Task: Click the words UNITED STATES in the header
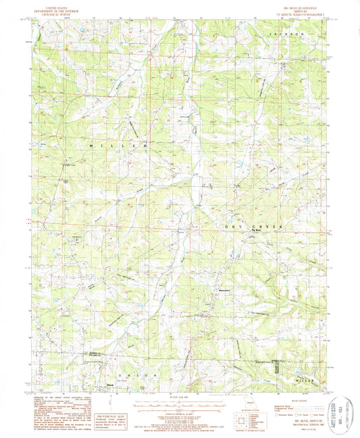(57, 5)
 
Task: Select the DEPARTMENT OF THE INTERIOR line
(57, 9)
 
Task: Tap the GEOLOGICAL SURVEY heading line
(57, 12)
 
